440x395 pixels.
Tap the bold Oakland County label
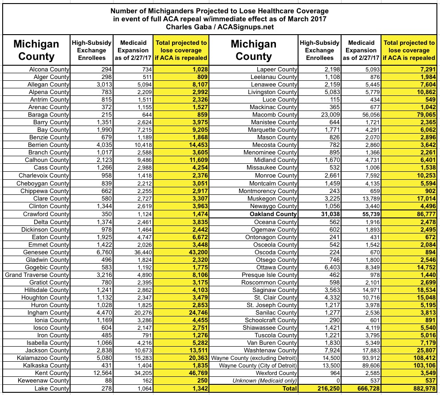click(x=272, y=213)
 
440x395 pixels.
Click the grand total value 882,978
click(x=421, y=388)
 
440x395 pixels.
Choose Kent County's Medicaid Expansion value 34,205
click(x=138, y=373)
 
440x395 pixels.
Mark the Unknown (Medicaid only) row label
click(x=267, y=381)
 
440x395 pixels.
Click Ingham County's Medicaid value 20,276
click(x=138, y=313)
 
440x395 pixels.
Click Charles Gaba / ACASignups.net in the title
click(x=220, y=27)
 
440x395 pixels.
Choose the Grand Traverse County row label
click(x=37, y=275)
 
